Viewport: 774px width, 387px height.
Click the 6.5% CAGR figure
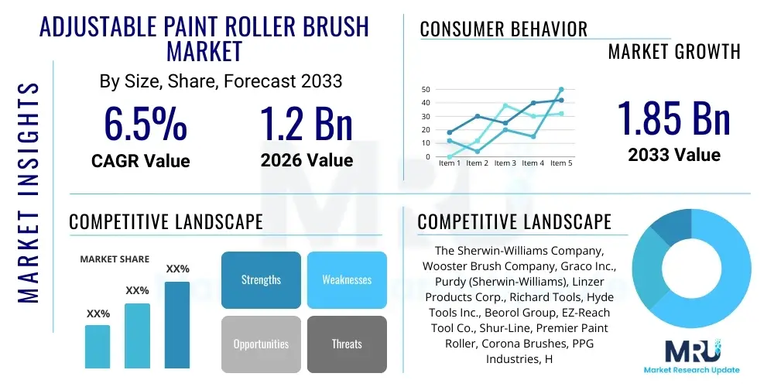[146, 124]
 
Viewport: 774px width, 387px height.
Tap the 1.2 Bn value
[307, 124]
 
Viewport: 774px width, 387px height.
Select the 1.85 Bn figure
[674, 118]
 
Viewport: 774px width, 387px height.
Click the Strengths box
[261, 280]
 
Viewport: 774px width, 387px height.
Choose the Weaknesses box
[347, 280]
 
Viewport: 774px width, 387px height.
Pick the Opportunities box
[261, 344]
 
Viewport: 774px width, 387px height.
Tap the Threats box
[347, 344]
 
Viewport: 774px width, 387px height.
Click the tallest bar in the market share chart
[177, 324]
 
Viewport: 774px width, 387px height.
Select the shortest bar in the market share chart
[98, 346]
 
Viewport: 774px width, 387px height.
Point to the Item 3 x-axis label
[505, 163]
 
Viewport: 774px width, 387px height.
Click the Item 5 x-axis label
[560, 163]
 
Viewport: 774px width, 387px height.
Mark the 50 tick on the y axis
[425, 90]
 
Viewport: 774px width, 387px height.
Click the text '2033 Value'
[674, 155]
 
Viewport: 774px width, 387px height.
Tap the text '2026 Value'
[307, 160]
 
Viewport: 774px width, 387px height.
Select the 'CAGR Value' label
[140, 160]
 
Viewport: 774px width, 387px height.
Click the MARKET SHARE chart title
[115, 259]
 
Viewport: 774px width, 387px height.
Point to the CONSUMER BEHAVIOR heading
[504, 29]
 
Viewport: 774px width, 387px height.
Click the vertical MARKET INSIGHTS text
[28, 190]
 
